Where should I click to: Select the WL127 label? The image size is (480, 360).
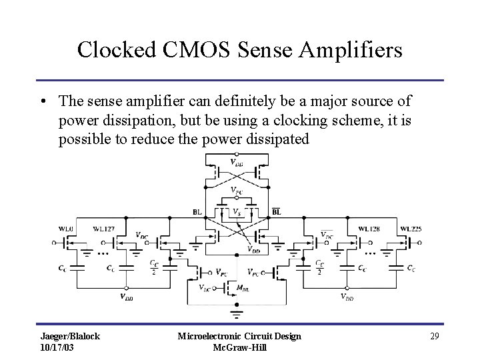click(x=103, y=229)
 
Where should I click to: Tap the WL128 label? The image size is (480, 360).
click(x=370, y=229)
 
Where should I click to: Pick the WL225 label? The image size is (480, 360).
click(x=410, y=229)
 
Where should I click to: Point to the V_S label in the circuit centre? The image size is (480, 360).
click(x=236, y=211)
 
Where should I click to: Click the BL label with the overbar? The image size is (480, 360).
click(x=276, y=212)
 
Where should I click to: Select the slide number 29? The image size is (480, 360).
click(x=435, y=336)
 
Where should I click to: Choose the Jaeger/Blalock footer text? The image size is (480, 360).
click(x=70, y=336)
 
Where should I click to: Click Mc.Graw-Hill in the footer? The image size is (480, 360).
click(x=239, y=348)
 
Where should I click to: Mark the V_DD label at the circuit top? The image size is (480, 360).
click(x=236, y=162)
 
